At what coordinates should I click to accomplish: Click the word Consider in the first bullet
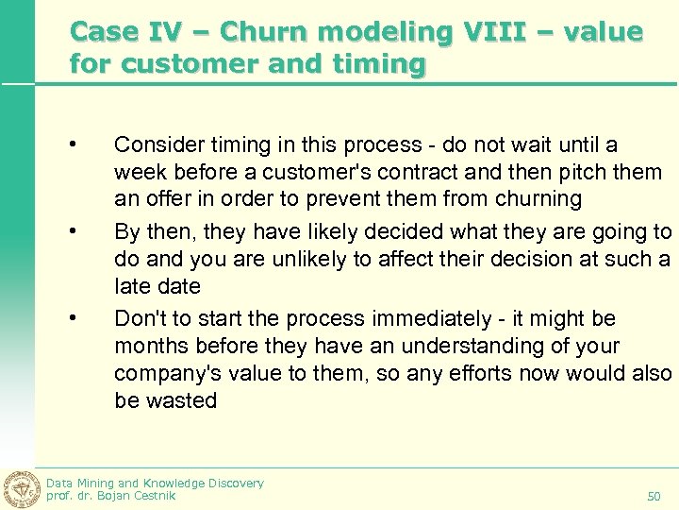pos(154,144)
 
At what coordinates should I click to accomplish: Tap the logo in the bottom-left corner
pos(21,488)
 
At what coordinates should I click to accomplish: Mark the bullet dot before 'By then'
pos(72,230)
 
